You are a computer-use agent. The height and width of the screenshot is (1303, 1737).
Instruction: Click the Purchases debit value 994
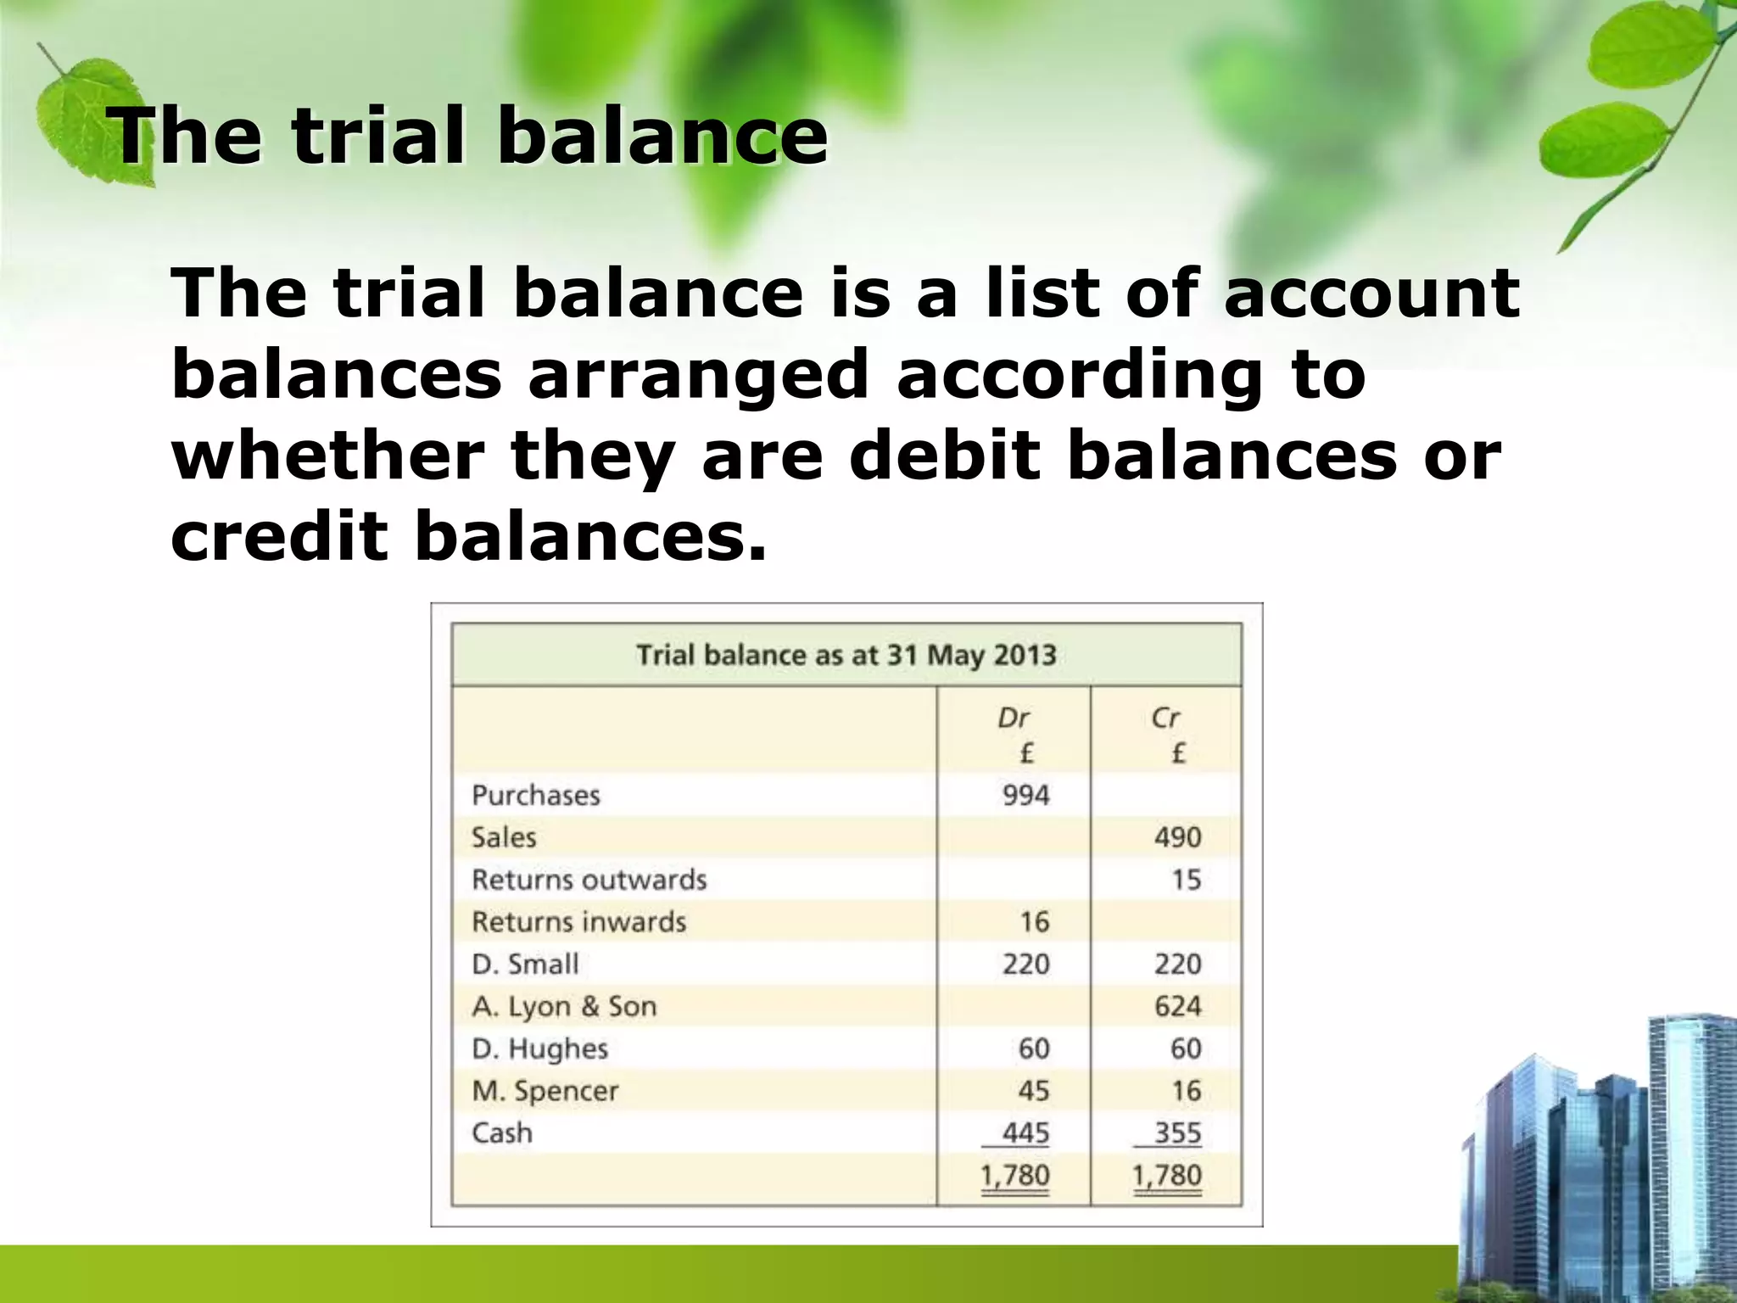coord(1025,796)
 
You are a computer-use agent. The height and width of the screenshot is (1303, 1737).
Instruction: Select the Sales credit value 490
coord(1177,838)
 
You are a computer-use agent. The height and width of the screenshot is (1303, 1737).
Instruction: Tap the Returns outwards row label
coord(589,880)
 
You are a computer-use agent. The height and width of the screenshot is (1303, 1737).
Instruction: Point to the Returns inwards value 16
coord(1034,922)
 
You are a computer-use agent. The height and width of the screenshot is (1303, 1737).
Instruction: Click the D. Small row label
coord(525,965)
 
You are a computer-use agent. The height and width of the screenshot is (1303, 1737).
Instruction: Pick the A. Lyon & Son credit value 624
coord(1177,1007)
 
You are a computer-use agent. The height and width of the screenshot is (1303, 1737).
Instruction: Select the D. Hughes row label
coord(540,1049)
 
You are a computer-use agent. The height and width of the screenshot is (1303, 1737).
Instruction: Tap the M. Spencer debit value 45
coord(1033,1091)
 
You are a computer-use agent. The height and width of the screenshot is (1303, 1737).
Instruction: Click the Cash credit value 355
coord(1177,1133)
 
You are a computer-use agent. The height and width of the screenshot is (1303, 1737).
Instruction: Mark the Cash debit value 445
coord(1025,1133)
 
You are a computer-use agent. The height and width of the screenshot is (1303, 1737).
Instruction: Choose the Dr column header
coord(1014,719)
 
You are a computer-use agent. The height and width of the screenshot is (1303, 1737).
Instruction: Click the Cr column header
coord(1165,719)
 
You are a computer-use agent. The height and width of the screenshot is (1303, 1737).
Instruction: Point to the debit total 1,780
coord(1015,1176)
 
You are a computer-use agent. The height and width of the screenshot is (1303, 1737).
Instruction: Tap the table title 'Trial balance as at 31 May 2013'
coord(846,656)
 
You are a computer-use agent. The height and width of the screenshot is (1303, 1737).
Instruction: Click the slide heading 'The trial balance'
coord(469,136)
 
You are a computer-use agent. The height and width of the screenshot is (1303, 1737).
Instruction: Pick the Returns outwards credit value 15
coord(1186,880)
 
